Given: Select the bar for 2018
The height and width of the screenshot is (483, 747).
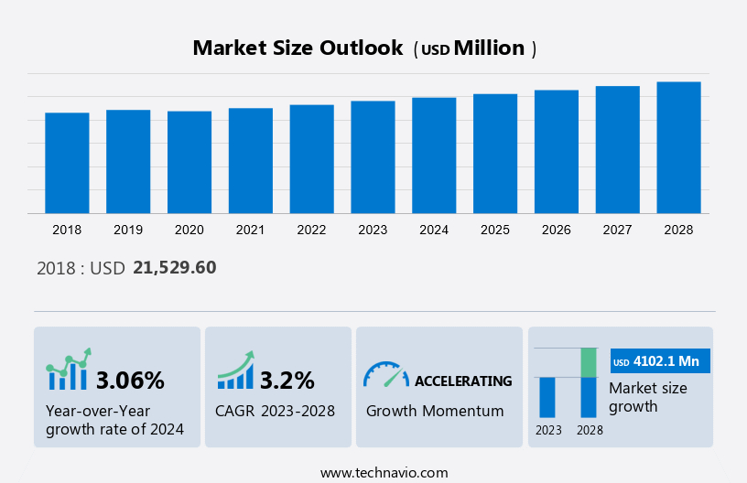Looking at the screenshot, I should (67, 163).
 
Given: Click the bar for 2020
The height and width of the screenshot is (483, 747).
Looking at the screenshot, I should (189, 162).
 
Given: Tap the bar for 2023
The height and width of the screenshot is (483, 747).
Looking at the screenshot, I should (373, 157).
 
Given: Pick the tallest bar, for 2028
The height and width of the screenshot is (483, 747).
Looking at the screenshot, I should (678, 147).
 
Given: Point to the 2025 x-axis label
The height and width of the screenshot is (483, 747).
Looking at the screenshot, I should (495, 230).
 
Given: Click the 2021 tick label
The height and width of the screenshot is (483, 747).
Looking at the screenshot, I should (250, 230).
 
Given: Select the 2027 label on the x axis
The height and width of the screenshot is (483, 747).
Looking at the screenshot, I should (618, 230).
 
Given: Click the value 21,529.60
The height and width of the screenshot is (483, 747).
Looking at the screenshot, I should (175, 268).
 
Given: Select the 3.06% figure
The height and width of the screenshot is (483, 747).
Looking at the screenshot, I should (130, 380).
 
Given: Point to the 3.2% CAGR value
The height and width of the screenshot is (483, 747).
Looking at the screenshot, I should (287, 380).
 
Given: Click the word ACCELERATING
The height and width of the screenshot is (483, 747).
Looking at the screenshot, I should (463, 381).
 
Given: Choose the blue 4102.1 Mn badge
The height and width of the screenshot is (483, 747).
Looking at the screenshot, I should (660, 361).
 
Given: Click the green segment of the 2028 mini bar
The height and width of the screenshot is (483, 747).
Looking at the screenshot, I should (590, 362).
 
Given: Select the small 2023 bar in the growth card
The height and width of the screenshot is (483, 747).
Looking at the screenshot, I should (547, 397).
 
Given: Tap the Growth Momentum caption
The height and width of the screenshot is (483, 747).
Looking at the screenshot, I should (435, 411).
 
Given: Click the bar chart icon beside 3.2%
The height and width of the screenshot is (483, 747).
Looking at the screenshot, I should (236, 371).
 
